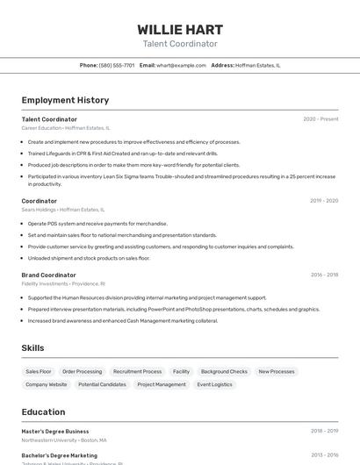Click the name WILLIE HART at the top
180,29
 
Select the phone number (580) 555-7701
117,65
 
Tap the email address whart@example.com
176,65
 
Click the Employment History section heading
65,100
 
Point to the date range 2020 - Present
320,119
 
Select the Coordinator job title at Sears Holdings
40,201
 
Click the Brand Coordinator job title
49,275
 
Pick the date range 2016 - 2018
324,275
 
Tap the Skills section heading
32,348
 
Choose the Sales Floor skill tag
39,371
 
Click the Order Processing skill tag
83,371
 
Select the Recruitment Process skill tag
138,371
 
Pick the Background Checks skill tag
224,371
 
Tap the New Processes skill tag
277,371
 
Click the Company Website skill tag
46,384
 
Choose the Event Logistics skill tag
214,384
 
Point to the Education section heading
43,412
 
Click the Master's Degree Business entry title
55,432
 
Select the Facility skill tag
181,371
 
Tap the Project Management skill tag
162,384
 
